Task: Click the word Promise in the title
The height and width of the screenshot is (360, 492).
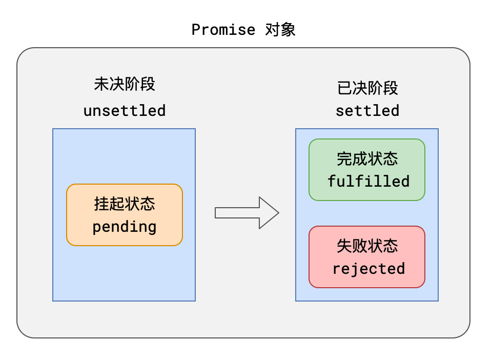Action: pyautogui.click(x=223, y=30)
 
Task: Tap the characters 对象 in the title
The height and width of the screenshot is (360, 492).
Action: pyautogui.click(x=280, y=30)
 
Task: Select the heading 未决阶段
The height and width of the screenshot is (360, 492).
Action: pyautogui.click(x=125, y=84)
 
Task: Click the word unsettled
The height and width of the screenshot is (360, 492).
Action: pyautogui.click(x=125, y=110)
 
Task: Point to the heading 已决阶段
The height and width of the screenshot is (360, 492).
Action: pyautogui.click(x=367, y=88)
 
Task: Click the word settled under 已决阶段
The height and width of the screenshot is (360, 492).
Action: pyautogui.click(x=367, y=110)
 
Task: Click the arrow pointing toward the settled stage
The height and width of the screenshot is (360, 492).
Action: pyautogui.click(x=246, y=212)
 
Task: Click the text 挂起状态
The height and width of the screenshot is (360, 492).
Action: pyautogui.click(x=125, y=204)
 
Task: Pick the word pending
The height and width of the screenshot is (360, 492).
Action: pyautogui.click(x=125, y=227)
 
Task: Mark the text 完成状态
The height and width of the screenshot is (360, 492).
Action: pyautogui.click(x=367, y=159)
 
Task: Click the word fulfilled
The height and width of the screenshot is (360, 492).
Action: pyautogui.click(x=368, y=181)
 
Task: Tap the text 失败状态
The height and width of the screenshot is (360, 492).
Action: pyautogui.click(x=367, y=246)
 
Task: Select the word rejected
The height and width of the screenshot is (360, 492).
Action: pyautogui.click(x=368, y=269)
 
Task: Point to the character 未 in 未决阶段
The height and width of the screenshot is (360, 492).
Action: pyautogui.click(x=101, y=84)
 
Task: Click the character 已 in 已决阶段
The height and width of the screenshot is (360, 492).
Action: pyautogui.click(x=344, y=88)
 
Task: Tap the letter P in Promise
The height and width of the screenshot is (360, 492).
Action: pyautogui.click(x=196, y=30)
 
